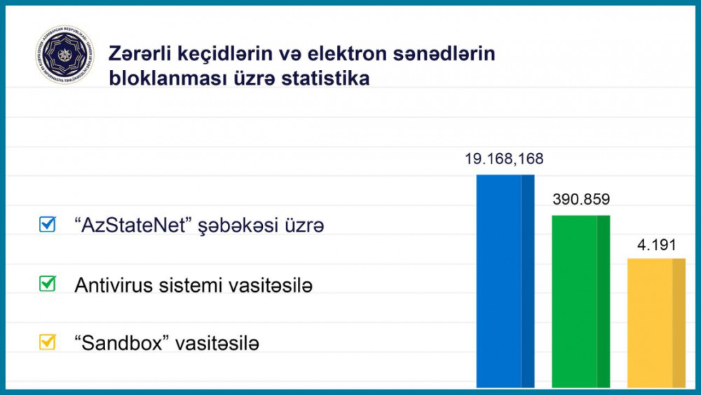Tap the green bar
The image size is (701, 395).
coord(581,302)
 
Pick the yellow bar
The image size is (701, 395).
coord(656,323)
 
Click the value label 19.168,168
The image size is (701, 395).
coord(504,159)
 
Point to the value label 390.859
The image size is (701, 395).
coord(581,200)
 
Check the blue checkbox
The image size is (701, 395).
coord(48,225)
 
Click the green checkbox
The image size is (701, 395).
coord(48,283)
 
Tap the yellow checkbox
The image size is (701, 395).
coord(48,342)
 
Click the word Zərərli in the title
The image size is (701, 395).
coord(137,54)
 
